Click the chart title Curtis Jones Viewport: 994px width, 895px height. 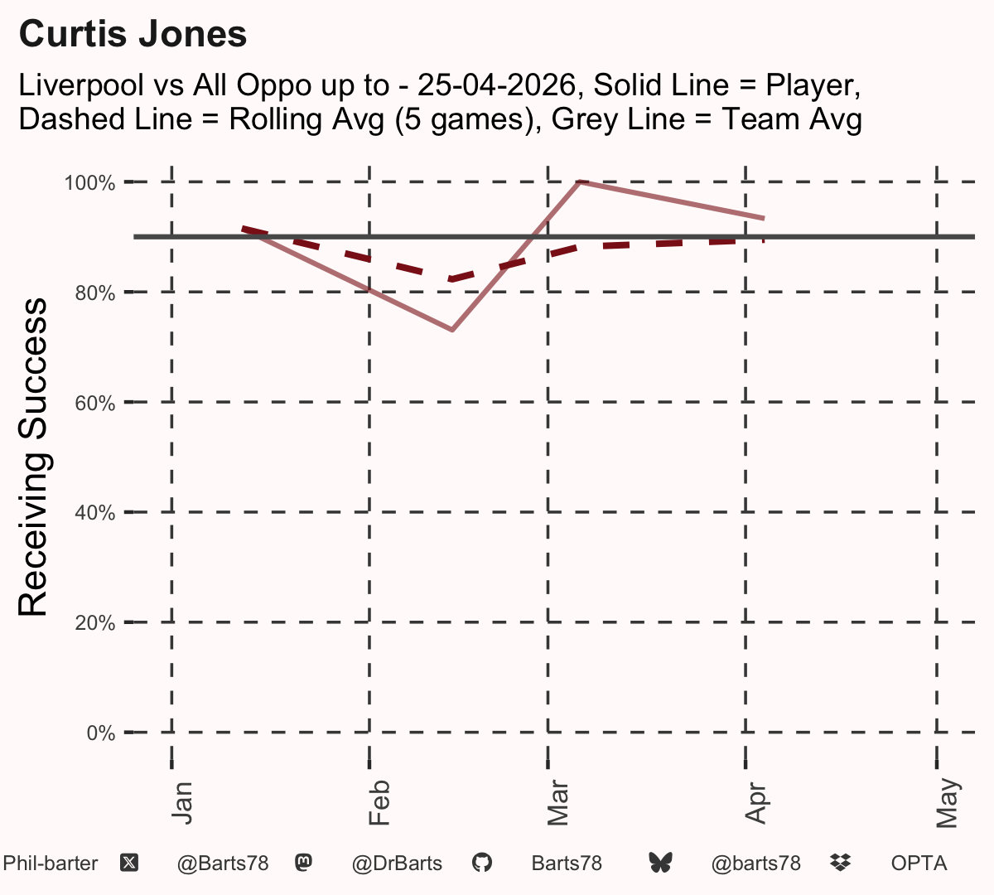[x=133, y=34]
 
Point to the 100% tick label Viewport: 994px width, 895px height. [x=89, y=183]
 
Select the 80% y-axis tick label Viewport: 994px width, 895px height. [x=95, y=293]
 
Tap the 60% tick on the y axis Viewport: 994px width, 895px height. [x=95, y=403]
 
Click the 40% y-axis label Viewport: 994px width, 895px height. [x=95, y=513]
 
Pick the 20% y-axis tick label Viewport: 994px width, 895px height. [x=95, y=623]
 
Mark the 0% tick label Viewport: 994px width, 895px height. [x=101, y=733]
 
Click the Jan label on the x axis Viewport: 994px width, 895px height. [x=182, y=803]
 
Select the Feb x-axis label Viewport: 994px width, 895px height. [x=379, y=803]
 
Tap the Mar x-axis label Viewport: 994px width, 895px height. [x=558, y=803]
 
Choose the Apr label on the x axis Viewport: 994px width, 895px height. [x=756, y=803]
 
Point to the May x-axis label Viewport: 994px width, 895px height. [x=948, y=803]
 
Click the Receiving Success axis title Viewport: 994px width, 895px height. [x=32, y=457]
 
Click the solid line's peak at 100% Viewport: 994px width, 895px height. [x=579, y=182]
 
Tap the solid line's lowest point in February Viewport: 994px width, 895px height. [x=452, y=329]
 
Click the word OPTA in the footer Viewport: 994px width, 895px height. [x=919, y=864]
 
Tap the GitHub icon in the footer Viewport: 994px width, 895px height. [x=482, y=863]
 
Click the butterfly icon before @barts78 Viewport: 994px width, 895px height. [x=660, y=863]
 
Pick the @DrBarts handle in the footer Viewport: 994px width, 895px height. [x=397, y=864]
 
